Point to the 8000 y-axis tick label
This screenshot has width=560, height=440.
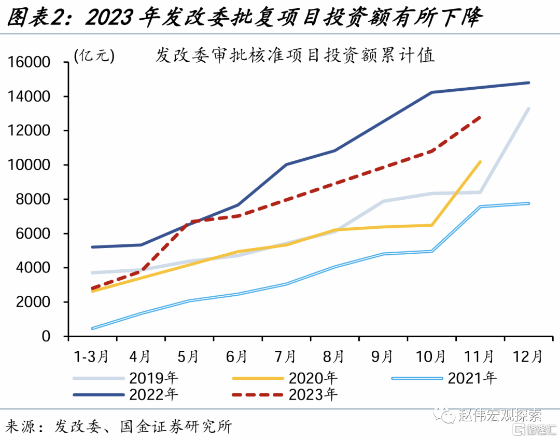[x=40, y=200]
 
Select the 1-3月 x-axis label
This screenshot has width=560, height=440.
[x=91, y=357]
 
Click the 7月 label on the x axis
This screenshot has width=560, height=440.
[x=285, y=357]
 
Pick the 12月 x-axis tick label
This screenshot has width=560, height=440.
[x=527, y=357]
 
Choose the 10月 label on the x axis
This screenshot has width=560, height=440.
[x=430, y=357]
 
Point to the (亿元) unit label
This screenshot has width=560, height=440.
[x=94, y=56]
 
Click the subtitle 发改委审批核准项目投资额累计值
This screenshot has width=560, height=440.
[x=295, y=56]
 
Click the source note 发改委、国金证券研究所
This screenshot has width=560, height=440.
[x=143, y=427]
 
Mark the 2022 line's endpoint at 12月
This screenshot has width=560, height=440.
[x=528, y=82]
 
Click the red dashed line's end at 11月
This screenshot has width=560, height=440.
[x=480, y=118]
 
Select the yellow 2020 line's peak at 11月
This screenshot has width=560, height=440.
[x=480, y=162]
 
